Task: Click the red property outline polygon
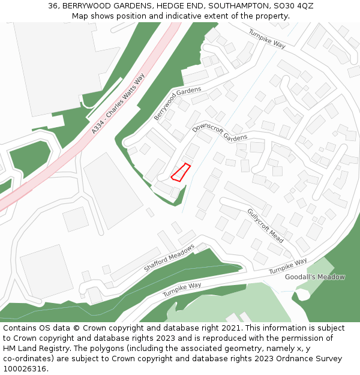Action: tap(181, 172)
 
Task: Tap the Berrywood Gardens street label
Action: tap(178, 103)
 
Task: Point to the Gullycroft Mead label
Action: tap(265, 226)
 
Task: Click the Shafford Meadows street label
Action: tap(169, 258)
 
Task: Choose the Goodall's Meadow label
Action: tap(315, 277)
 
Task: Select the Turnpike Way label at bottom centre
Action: tap(182, 290)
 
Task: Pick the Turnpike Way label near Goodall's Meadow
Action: tap(288, 266)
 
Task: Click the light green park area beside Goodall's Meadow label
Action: tap(321, 267)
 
